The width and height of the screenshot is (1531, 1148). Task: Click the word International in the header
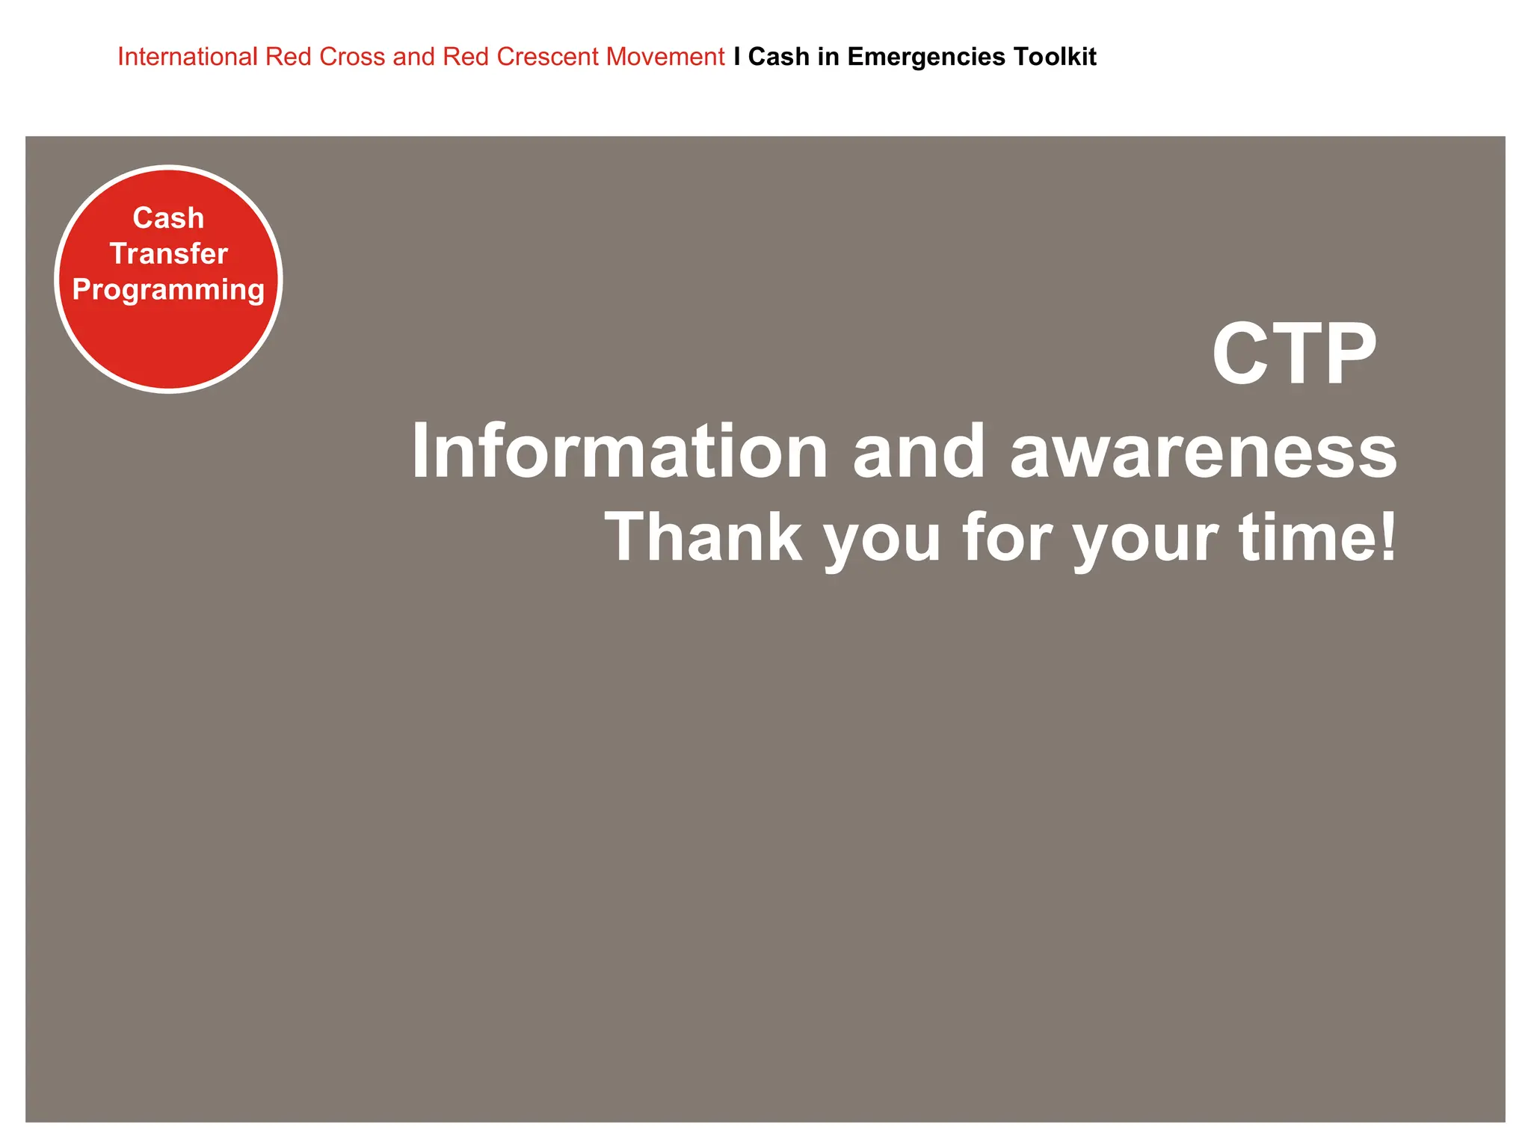(x=187, y=57)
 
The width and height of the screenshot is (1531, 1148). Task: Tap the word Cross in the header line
(x=352, y=57)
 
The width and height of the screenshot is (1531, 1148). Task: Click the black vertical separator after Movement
(x=737, y=57)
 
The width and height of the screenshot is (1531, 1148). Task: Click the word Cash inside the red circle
(x=168, y=218)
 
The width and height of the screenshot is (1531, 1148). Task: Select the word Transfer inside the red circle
(x=168, y=254)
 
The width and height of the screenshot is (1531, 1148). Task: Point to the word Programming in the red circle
(x=168, y=290)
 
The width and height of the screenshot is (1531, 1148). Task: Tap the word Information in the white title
(x=620, y=451)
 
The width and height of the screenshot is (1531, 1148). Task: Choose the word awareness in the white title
(x=1203, y=453)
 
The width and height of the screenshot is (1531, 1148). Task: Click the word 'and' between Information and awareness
(x=919, y=451)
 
